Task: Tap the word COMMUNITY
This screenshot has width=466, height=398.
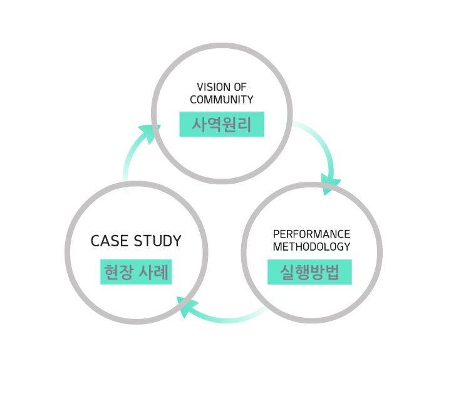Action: click(222, 100)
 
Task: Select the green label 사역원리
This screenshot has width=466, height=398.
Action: click(222, 124)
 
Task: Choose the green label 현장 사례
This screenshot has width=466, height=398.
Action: click(136, 273)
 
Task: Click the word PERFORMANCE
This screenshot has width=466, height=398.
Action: click(311, 234)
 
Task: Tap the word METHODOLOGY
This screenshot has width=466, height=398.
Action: click(311, 247)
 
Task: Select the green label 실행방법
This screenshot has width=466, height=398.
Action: click(309, 273)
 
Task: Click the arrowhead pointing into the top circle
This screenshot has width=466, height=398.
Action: click(150, 132)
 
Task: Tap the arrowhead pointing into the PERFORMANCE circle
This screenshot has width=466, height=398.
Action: click(329, 183)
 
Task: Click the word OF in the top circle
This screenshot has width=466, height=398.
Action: click(241, 87)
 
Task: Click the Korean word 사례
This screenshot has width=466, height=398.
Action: click(155, 273)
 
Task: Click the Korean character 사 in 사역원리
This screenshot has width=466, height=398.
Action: click(199, 124)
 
